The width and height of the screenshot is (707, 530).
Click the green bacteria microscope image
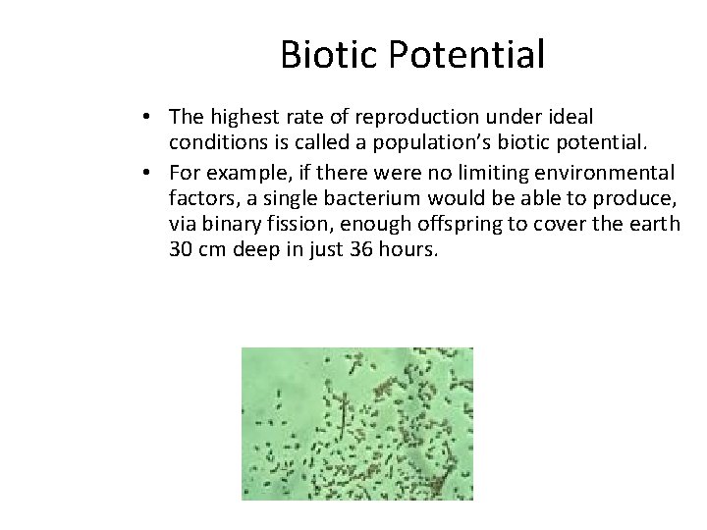tap(357, 423)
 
